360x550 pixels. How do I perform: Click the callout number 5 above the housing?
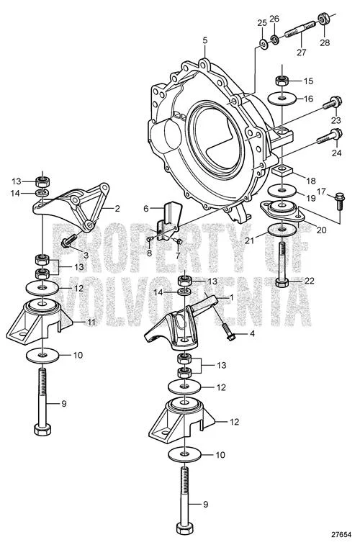(205, 40)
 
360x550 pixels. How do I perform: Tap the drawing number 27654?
(341, 535)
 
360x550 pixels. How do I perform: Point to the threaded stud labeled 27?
(300, 29)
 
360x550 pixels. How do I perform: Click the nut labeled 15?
(282, 81)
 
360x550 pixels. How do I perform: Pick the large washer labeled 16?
(282, 98)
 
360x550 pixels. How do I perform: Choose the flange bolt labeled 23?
(331, 104)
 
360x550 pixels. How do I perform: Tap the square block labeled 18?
(282, 172)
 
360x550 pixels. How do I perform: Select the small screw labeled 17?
(339, 201)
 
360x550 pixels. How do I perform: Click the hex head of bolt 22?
(282, 282)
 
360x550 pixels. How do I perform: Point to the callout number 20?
(321, 230)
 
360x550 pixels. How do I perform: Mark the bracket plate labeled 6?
(170, 220)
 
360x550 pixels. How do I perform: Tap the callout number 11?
(91, 322)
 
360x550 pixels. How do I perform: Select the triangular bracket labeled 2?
(71, 207)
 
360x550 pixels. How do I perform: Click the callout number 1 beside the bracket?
(231, 297)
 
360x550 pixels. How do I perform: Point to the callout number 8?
(150, 253)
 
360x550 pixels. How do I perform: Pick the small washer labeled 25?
(263, 44)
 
